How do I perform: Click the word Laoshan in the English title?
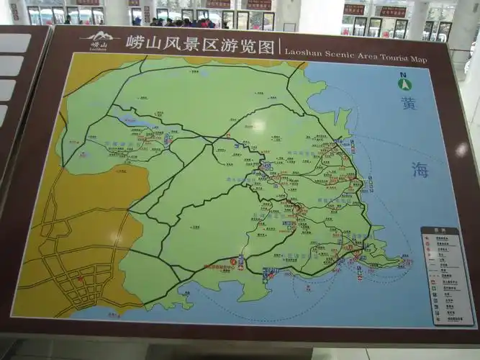pyautogui.click(x=301, y=52)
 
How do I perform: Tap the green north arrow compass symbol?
pyautogui.click(x=407, y=84)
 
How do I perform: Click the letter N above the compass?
pyautogui.click(x=404, y=75)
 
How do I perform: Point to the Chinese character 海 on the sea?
pyautogui.click(x=420, y=169)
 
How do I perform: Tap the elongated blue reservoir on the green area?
pyautogui.click(x=134, y=123)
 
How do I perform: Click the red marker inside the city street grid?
pyautogui.click(x=80, y=279)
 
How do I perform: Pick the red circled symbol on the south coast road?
pyautogui.click(x=232, y=263)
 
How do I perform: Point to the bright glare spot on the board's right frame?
pyautogui.click(x=461, y=149)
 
